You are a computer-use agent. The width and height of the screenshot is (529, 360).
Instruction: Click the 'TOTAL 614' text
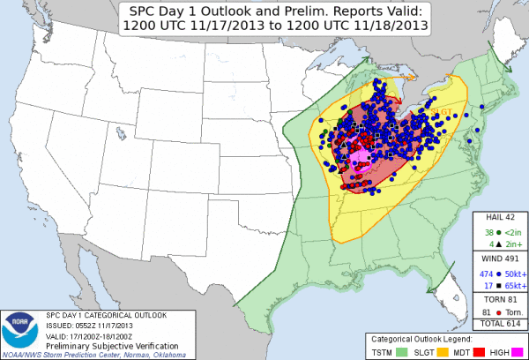click(501, 324)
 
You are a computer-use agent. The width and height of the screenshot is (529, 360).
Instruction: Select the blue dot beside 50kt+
click(496, 274)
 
